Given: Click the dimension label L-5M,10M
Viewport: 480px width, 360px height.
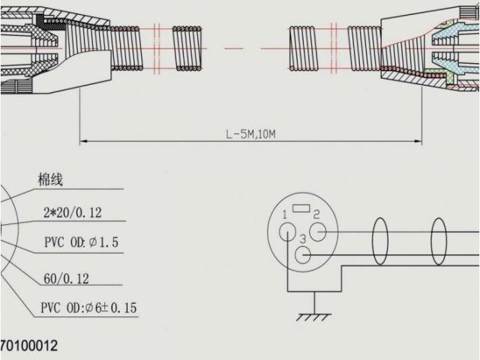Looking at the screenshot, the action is tap(250, 133).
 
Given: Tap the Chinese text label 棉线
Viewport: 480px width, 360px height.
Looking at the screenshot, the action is tap(50, 179).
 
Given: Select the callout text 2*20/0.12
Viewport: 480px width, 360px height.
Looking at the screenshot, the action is tap(73, 212).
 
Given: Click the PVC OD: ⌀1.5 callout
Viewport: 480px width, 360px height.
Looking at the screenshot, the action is tap(82, 242).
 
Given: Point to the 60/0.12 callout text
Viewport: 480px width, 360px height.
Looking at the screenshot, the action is tap(67, 278).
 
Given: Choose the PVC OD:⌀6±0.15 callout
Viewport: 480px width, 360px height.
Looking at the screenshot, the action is tap(88, 307).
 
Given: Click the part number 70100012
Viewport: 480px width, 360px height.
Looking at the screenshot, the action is tap(29, 346).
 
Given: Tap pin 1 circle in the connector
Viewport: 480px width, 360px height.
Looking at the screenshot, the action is tap(287, 231).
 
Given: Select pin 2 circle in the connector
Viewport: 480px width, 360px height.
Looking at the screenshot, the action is tap(318, 232).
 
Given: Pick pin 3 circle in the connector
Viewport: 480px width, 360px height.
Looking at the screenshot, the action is tap(302, 255).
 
